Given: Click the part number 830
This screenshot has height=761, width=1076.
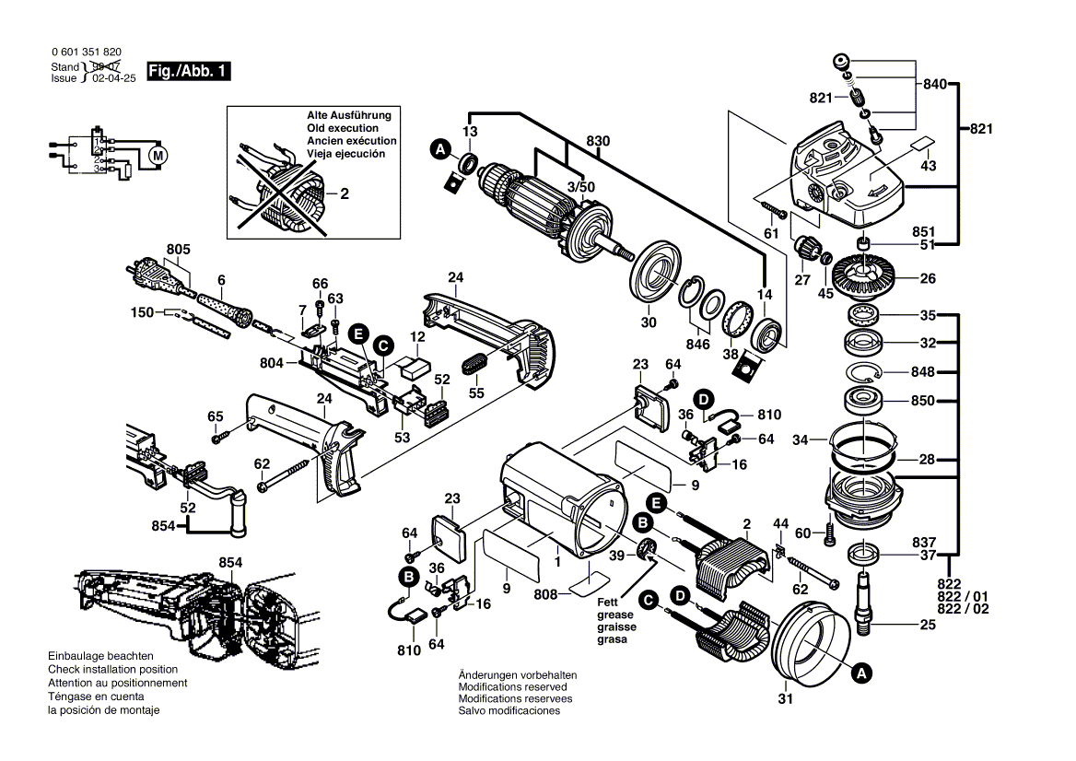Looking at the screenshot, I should pos(599,142).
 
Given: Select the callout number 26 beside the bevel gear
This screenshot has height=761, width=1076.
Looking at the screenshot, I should pos(927,279).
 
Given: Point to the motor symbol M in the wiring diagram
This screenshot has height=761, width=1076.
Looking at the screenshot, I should pos(158,155).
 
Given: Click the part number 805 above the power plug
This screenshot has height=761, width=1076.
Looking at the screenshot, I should pos(178,249).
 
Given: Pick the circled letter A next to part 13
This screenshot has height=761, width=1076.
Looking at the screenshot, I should pos(440,147).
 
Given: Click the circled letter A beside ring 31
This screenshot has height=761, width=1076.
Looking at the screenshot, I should pos(860,673).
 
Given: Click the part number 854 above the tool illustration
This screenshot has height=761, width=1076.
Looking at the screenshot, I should pos(230,562).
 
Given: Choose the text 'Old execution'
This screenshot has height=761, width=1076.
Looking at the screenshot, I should pos(343,128).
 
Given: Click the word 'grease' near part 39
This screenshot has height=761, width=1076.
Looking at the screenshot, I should pos(615,615).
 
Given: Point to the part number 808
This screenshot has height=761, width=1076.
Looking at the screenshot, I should pos(547,594).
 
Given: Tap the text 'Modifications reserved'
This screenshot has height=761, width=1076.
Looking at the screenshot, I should pos(513,686).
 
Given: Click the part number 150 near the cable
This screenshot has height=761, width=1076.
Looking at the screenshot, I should pos(142,312).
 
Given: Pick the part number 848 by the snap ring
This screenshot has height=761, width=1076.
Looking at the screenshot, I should pos(923,372).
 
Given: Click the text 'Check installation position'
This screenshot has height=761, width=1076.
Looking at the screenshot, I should pos(113,669).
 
